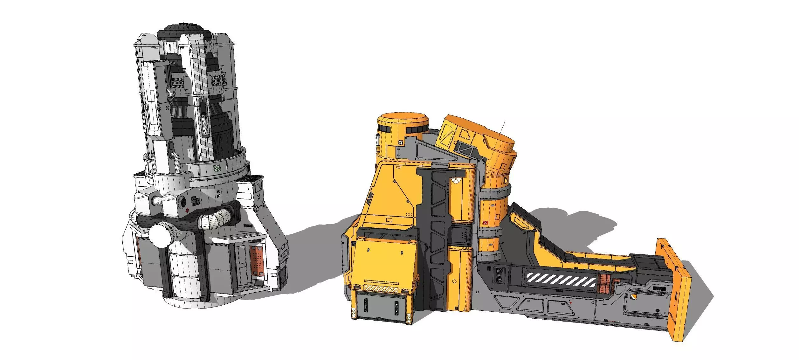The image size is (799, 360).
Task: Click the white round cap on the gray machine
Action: (160, 234)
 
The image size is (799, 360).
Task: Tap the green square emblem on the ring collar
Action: (217, 168)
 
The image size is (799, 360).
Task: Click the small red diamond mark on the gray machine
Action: (188, 210)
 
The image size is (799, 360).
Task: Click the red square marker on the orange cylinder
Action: (485, 223)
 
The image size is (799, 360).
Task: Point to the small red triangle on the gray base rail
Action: (571, 303)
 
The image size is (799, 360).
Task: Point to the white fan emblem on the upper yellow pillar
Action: (455, 180)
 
